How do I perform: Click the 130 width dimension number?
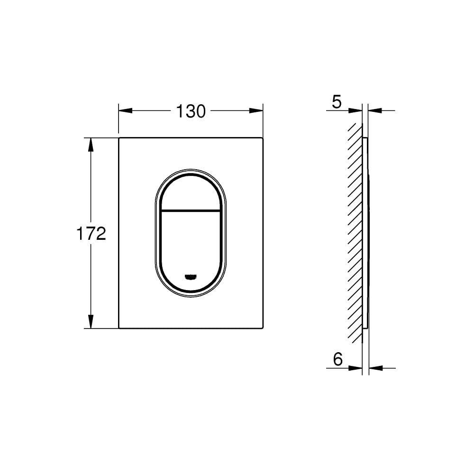tap(191, 111)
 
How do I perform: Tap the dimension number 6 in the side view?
tap(337, 359)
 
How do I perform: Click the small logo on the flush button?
tap(191, 276)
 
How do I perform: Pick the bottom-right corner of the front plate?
tap(262, 328)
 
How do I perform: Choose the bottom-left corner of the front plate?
tap(119, 328)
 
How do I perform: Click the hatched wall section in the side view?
tap(355, 232)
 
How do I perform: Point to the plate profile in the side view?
tap(365, 232)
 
